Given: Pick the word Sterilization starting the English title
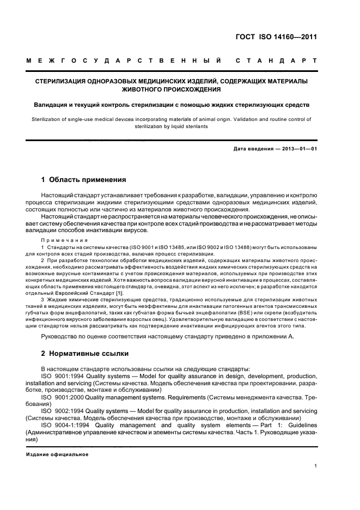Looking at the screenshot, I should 47,118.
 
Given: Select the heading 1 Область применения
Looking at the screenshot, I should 84,180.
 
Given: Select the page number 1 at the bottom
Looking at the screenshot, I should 315,465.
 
